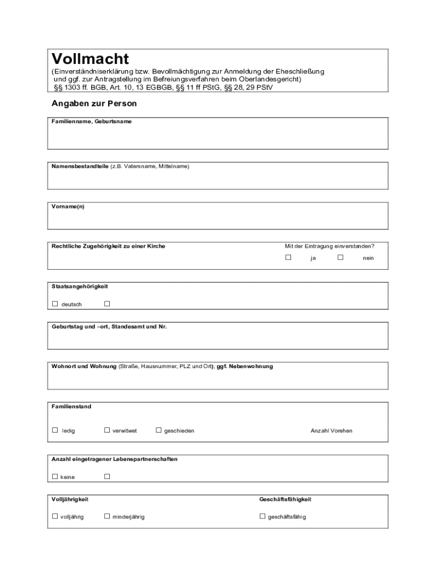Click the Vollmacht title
(x=90, y=59)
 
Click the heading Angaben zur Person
(x=94, y=104)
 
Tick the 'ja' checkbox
(x=288, y=257)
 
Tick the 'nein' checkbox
(x=340, y=257)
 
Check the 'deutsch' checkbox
(x=55, y=304)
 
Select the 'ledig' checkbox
(x=55, y=430)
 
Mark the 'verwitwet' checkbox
(x=107, y=430)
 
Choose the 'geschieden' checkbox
(x=159, y=430)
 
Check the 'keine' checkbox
(x=55, y=477)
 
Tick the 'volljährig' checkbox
(x=55, y=516)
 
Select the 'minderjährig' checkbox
(x=107, y=516)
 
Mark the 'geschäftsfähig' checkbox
(x=263, y=516)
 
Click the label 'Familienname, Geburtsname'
(x=91, y=122)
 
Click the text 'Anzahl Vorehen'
(x=331, y=431)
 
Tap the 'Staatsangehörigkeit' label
(x=80, y=287)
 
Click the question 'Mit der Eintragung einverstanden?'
(x=330, y=247)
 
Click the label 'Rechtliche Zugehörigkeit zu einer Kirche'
(x=108, y=247)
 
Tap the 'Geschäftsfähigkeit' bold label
(x=285, y=499)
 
